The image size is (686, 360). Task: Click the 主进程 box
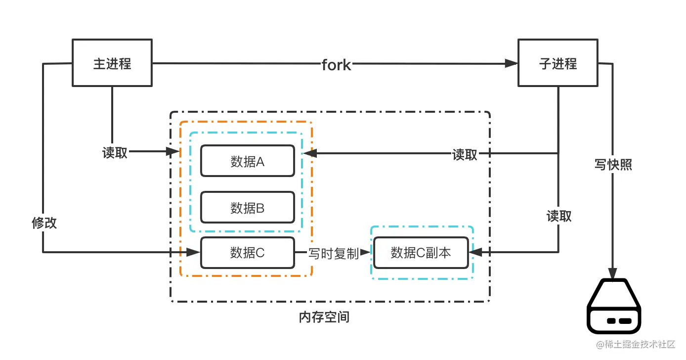pos(112,63)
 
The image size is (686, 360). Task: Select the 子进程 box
pos(557,63)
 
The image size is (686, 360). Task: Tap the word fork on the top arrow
pos(336,64)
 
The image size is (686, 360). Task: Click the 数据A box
pos(247,161)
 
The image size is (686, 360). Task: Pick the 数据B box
pos(247,208)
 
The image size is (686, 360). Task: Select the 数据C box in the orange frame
pos(247,253)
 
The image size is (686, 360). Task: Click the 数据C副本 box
pos(421,253)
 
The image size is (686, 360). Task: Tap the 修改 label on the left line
pos(44,223)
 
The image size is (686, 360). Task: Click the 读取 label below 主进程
pos(115,153)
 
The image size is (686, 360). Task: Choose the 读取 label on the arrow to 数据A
pos(465,155)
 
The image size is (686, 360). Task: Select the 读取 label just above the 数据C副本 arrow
pos(559,216)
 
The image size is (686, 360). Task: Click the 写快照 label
pos(613,165)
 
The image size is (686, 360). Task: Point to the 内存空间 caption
pos(324,317)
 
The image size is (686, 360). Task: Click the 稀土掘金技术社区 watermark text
pos(643,344)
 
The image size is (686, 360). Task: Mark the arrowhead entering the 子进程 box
pos(511,63)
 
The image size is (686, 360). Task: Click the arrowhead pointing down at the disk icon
pos(613,273)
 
